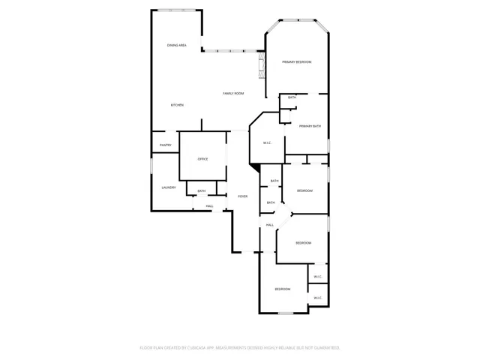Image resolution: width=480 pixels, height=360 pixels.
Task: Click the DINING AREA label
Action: pyautogui.click(x=177, y=46)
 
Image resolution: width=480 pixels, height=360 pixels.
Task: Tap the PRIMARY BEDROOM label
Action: pyautogui.click(x=297, y=61)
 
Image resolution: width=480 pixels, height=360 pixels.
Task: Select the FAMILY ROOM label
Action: pyautogui.click(x=233, y=93)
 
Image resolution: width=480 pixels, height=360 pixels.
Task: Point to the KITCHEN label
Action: pyautogui.click(x=177, y=105)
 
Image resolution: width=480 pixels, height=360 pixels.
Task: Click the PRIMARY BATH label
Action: pyautogui.click(x=310, y=126)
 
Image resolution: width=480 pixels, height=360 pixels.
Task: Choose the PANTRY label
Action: pyautogui.click(x=166, y=145)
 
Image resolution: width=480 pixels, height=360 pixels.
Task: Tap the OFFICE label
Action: pyautogui.click(x=202, y=159)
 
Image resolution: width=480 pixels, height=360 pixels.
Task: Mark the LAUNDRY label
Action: pyautogui.click(x=169, y=187)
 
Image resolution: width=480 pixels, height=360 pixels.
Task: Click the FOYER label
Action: pyautogui.click(x=242, y=196)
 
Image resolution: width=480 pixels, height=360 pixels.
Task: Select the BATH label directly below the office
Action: pyautogui.click(x=202, y=191)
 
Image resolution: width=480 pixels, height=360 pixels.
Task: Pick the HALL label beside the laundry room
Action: pyautogui.click(x=210, y=206)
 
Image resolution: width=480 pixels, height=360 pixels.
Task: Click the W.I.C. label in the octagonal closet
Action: pyautogui.click(x=266, y=142)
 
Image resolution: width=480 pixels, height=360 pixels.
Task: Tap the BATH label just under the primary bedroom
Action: pyautogui.click(x=292, y=97)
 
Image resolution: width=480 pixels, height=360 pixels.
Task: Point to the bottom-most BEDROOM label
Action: pyautogui.click(x=282, y=289)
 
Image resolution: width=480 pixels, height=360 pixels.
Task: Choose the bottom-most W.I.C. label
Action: pyautogui.click(x=318, y=298)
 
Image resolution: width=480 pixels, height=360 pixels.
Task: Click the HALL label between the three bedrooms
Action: pyautogui.click(x=269, y=225)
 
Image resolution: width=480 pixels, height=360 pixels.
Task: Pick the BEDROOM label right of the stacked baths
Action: pyautogui.click(x=304, y=191)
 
